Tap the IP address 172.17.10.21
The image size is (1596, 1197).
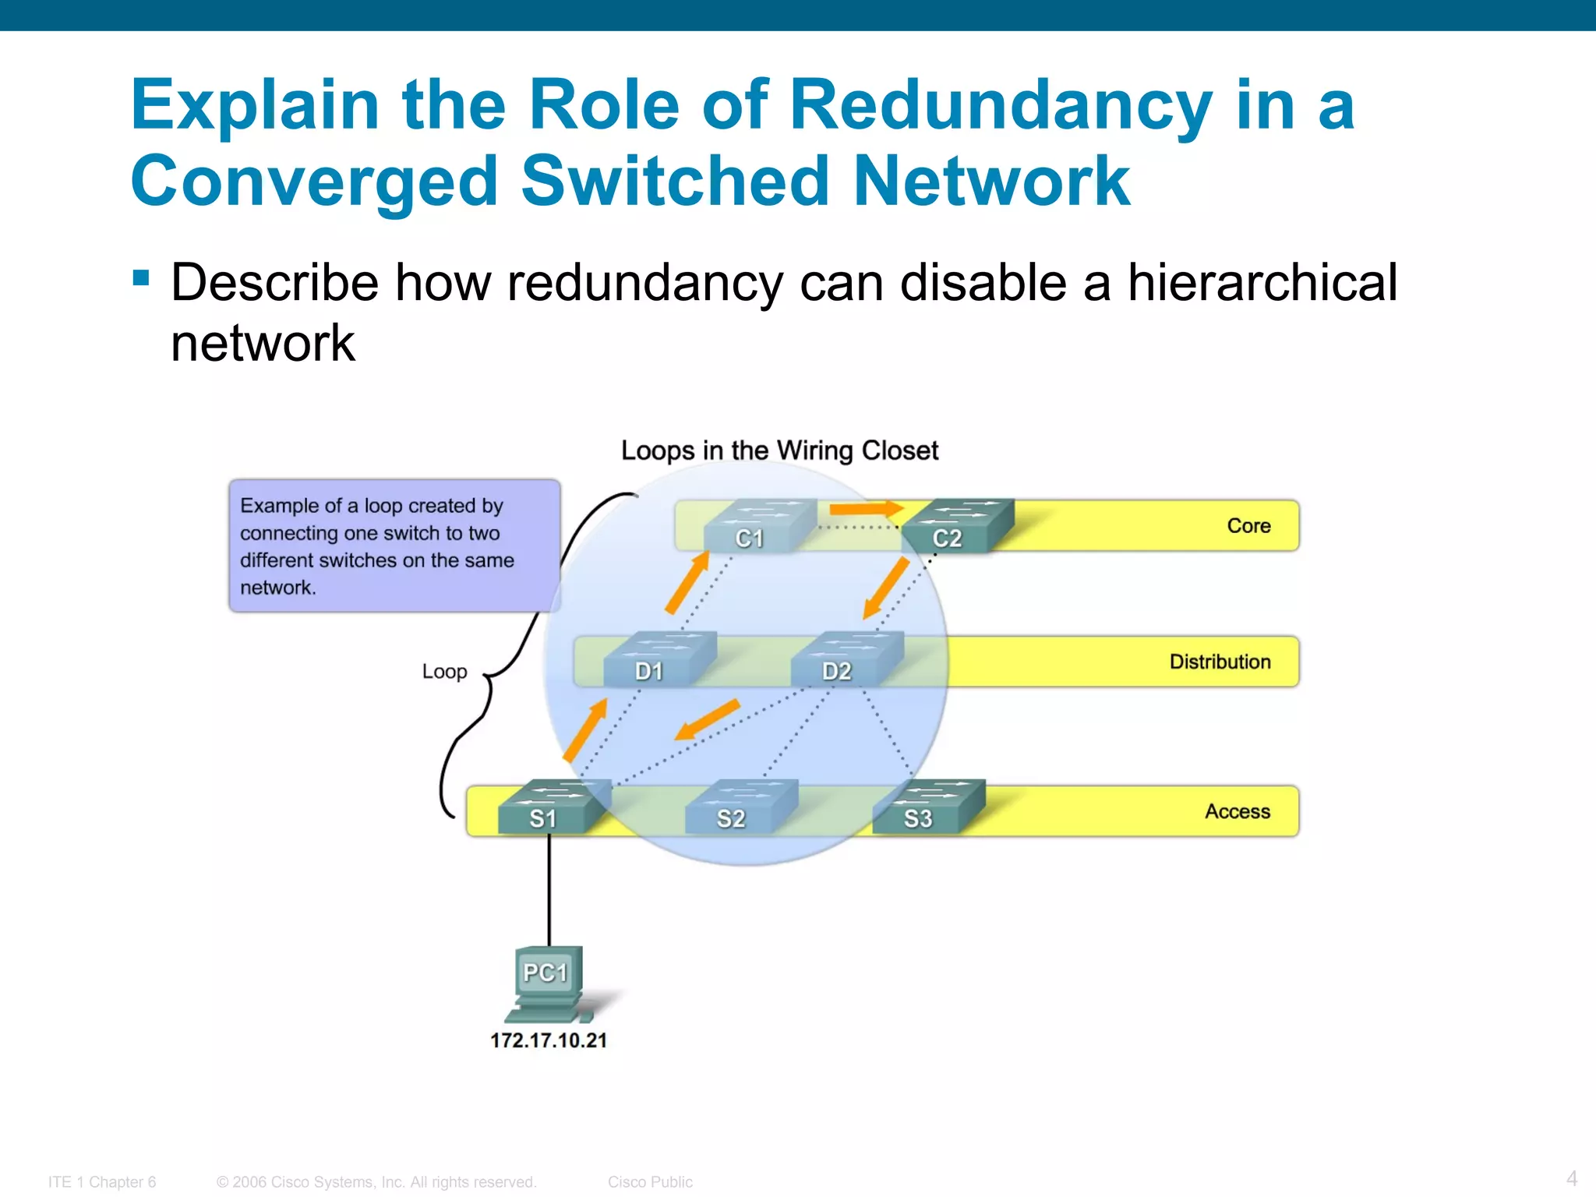click(548, 1040)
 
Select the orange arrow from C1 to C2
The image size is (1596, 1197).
click(865, 510)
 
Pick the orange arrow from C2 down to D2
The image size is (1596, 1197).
click(887, 588)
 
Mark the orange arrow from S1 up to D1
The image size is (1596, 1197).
click(585, 729)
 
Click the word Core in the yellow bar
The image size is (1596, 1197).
click(1248, 526)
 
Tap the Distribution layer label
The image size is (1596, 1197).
click(1220, 662)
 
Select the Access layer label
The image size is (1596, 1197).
click(1237, 811)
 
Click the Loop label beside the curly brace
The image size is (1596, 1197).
click(444, 671)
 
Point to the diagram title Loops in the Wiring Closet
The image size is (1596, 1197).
click(779, 450)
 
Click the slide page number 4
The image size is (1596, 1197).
click(1571, 1178)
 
